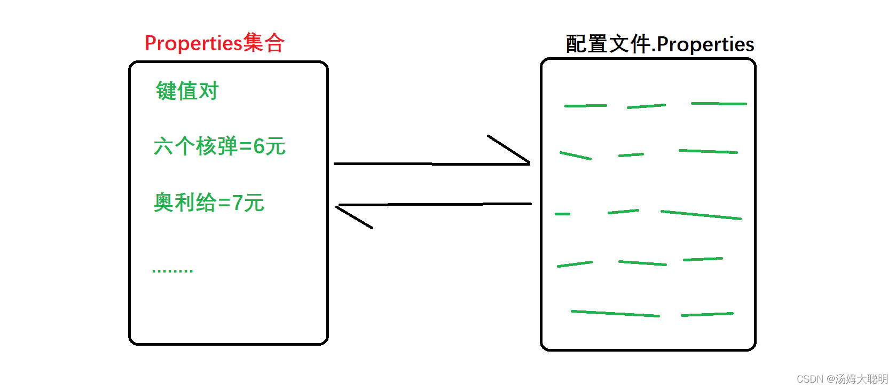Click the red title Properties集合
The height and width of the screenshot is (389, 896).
pyautogui.click(x=214, y=43)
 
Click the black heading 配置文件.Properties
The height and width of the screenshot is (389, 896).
pyautogui.click(x=659, y=44)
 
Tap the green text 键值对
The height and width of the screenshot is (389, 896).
pyautogui.click(x=187, y=91)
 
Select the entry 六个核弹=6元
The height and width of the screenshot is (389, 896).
pyautogui.click(x=219, y=146)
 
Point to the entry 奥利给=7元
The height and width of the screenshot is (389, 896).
pyautogui.click(x=209, y=203)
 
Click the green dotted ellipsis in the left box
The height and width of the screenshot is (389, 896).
pyautogui.click(x=172, y=271)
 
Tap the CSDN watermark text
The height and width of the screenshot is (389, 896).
pyautogui.click(x=842, y=379)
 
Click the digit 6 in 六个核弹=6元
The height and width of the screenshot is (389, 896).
pyautogui.click(x=258, y=146)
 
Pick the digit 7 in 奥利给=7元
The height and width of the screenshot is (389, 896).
pyautogui.click(x=237, y=203)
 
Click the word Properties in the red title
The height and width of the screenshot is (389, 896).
pyautogui.click(x=193, y=43)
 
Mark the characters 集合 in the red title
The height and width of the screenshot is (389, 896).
pyautogui.click(x=264, y=43)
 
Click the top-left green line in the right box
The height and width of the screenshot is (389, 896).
pyautogui.click(x=585, y=106)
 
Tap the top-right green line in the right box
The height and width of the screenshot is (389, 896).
pyautogui.click(x=718, y=103)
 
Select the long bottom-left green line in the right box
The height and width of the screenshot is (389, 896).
pyautogui.click(x=615, y=314)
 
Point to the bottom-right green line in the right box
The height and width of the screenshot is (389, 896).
pyautogui.click(x=707, y=314)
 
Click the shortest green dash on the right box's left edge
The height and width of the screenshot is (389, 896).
pyautogui.click(x=562, y=214)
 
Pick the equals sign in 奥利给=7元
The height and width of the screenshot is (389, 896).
pyautogui.click(x=224, y=203)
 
